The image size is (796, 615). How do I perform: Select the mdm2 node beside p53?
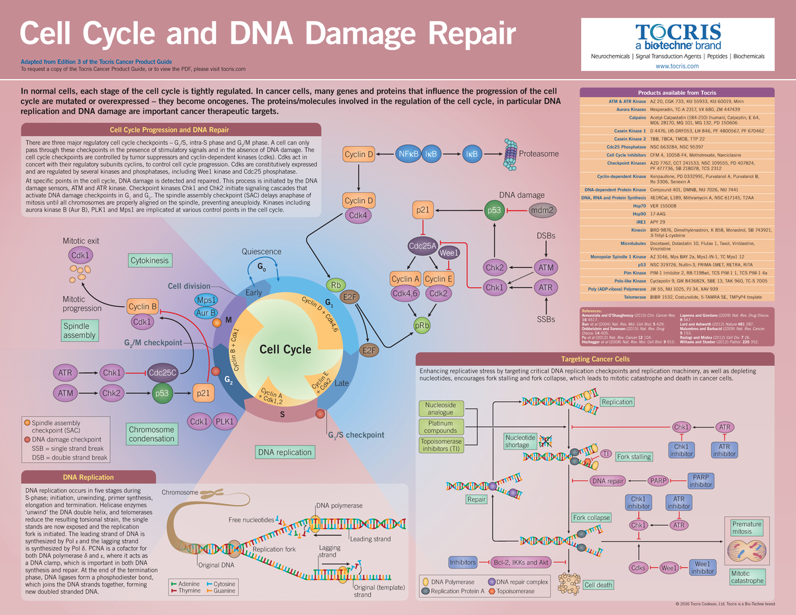point(543,211)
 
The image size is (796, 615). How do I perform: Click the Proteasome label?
point(538,153)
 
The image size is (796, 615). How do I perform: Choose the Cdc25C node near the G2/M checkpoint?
point(163,373)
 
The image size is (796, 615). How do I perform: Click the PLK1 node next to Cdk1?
point(226,421)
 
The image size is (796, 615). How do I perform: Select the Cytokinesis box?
point(149,261)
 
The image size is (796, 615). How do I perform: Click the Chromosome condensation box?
point(152,434)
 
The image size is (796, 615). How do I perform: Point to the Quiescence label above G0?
point(261,252)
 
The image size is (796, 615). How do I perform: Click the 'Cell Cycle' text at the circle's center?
point(285,349)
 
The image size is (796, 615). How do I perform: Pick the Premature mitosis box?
point(746,528)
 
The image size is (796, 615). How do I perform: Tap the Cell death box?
point(598,585)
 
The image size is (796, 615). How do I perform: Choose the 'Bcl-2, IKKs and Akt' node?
point(521,563)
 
